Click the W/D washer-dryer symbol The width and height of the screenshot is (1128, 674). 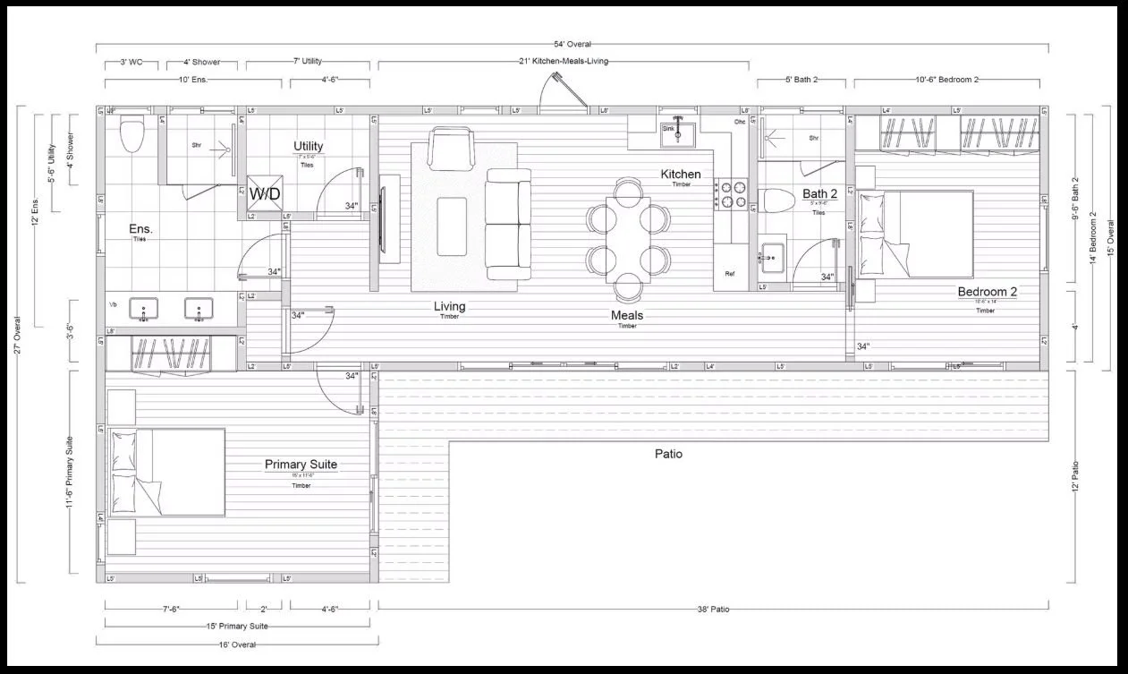[x=263, y=194]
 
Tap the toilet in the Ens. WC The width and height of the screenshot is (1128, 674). [x=131, y=135]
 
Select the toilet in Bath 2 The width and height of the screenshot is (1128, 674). [x=775, y=203]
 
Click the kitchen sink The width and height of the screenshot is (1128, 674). [x=677, y=133]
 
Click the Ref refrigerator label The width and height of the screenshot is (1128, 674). [x=730, y=274]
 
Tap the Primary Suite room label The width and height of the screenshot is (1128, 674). [x=301, y=465]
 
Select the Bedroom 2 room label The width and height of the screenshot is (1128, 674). [x=987, y=292]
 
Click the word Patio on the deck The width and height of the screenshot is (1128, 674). [x=667, y=454]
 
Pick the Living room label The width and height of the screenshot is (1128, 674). [x=450, y=307]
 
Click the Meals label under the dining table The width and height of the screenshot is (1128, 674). [x=627, y=315]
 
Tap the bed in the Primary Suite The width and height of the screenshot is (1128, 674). [x=167, y=472]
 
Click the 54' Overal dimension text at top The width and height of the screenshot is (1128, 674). [x=572, y=44]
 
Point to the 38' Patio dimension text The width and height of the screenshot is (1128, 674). [x=713, y=610]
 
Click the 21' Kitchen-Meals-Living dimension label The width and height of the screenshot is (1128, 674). [x=564, y=62]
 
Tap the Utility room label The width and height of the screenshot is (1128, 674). [x=308, y=147]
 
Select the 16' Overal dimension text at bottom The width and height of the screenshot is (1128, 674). [x=237, y=644]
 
